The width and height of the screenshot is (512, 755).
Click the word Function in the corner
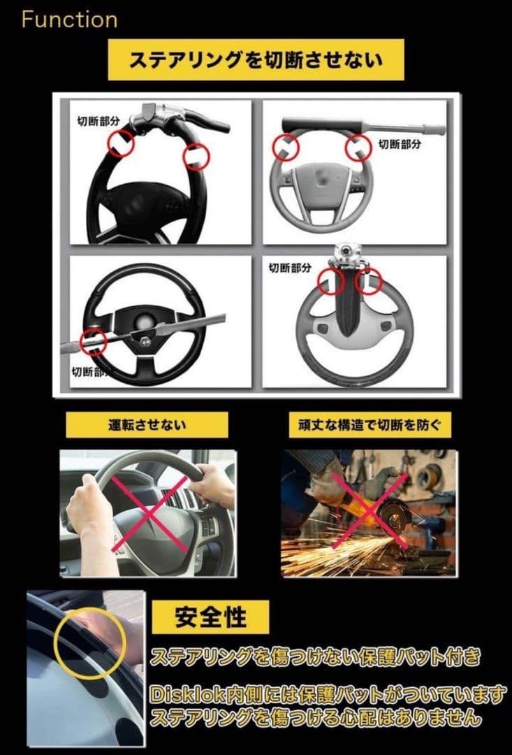coord(69,20)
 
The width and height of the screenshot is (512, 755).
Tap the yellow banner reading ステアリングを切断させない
coord(256,60)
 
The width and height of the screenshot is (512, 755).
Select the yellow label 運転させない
coord(147,425)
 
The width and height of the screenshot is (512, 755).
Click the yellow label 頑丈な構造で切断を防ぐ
coord(370,425)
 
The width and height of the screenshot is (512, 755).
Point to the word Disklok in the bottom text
coord(181,695)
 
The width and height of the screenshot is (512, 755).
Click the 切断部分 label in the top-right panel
coord(400,144)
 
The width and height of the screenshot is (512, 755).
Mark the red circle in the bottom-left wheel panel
coord(92,341)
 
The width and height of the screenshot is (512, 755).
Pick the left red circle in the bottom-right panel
coord(331,281)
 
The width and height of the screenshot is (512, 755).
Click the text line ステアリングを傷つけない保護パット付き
coord(316,657)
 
